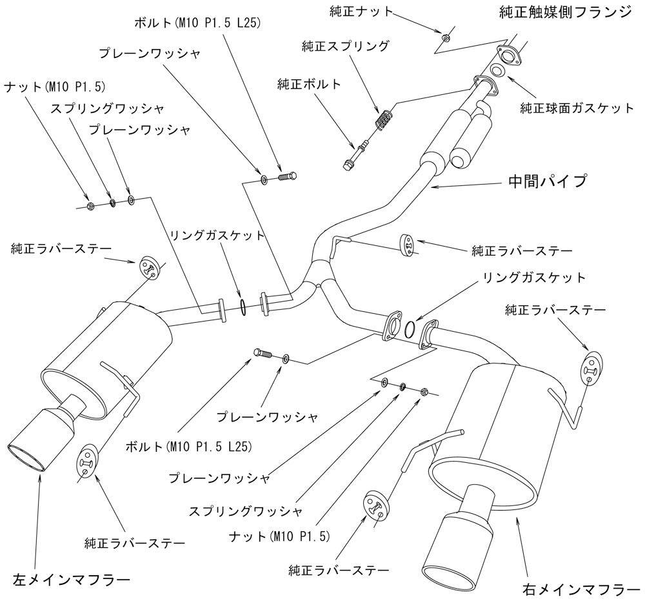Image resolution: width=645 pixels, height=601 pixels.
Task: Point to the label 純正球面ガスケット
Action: tap(577, 108)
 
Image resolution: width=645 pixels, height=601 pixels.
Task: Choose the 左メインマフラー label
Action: tap(71, 576)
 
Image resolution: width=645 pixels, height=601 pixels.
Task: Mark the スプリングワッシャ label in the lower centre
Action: tap(245, 512)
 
